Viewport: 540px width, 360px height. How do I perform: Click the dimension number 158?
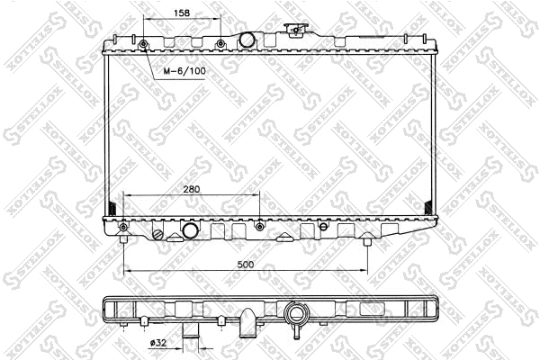181,13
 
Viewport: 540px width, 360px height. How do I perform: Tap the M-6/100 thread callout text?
183,69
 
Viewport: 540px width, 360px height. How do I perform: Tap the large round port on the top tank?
246,41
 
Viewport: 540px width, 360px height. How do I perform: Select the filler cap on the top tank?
293,31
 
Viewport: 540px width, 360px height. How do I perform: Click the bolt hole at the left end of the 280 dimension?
123,225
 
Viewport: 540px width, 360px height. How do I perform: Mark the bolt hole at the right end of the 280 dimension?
260,225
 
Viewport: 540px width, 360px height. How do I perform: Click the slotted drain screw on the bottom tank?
160,236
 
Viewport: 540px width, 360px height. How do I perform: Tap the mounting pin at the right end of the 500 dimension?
367,239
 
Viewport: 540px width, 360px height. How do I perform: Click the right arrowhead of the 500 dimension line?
364,271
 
